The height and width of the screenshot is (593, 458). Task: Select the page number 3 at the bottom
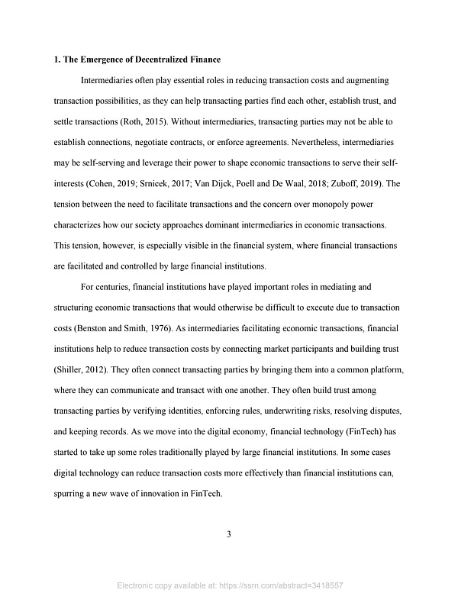pyautogui.click(x=229, y=533)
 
